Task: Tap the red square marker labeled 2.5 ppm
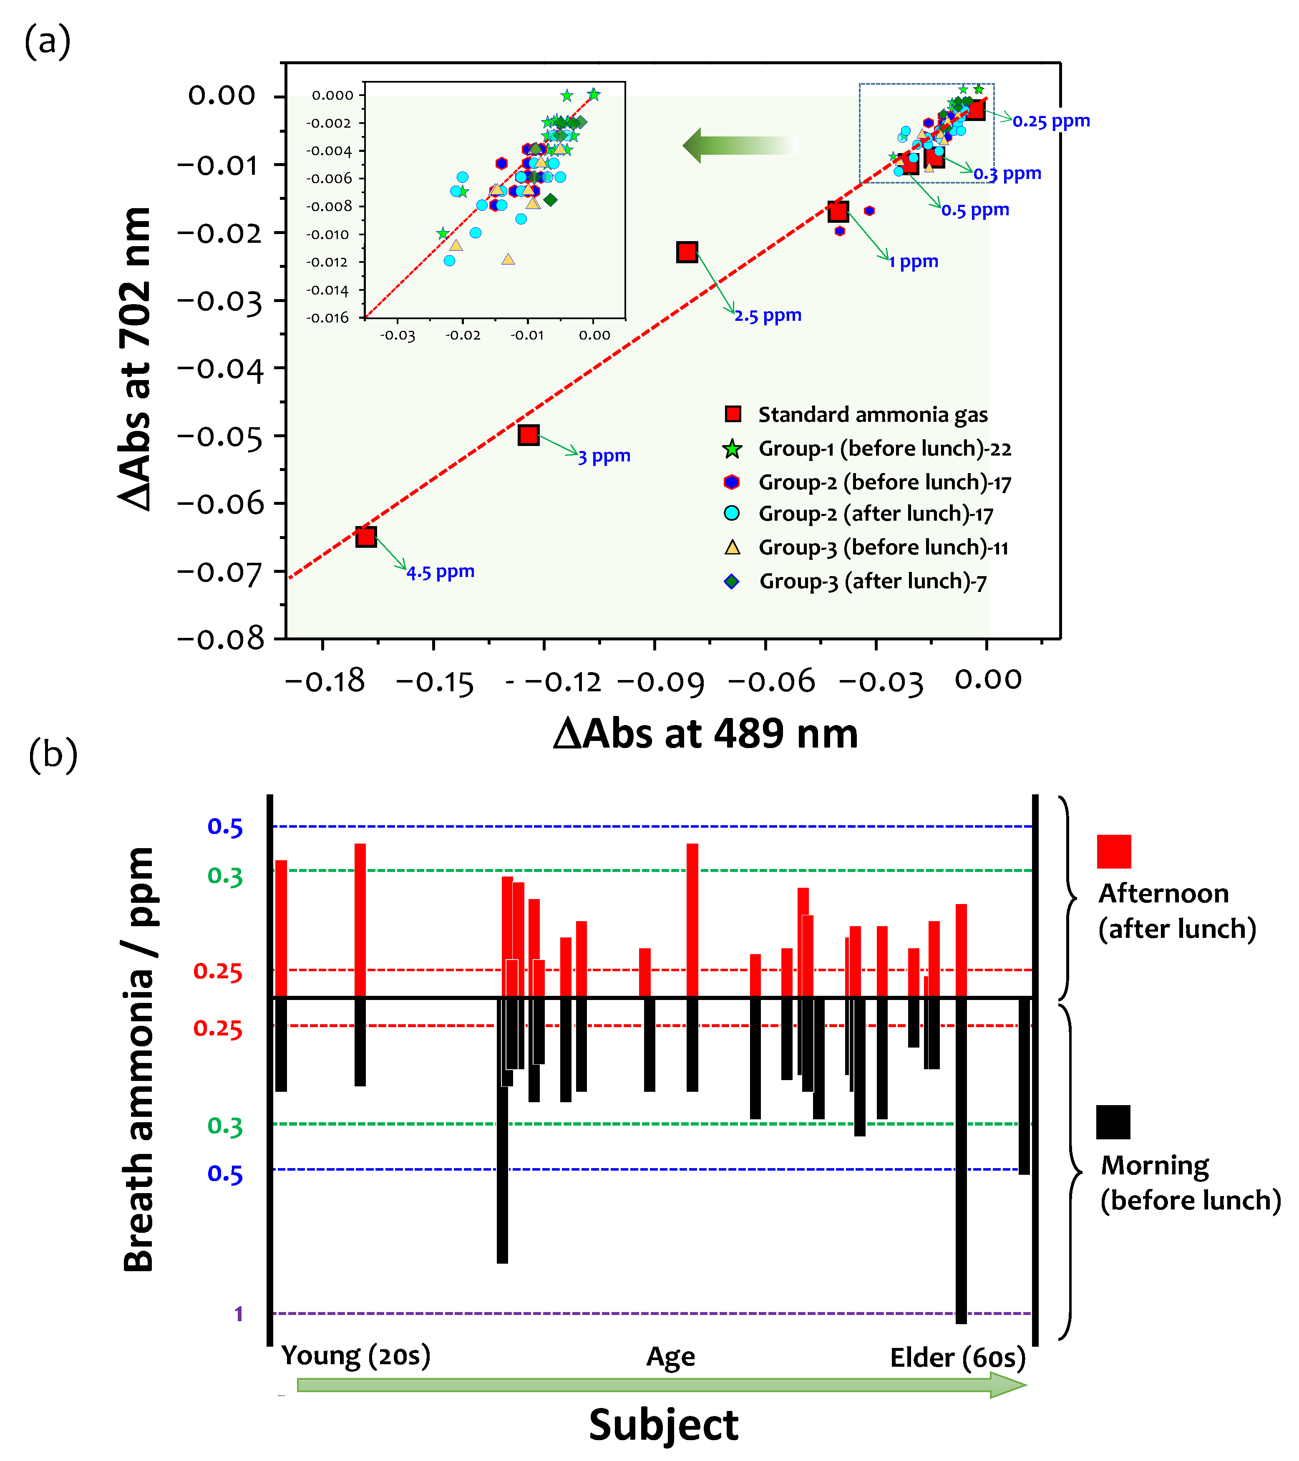687,252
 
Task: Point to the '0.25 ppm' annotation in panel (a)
1051,121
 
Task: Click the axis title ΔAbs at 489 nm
705,733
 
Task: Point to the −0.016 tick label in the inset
328,317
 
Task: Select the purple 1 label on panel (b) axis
239,1313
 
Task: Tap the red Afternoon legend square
1113,851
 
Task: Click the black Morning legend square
1113,1121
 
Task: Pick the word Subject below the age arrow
663,1425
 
